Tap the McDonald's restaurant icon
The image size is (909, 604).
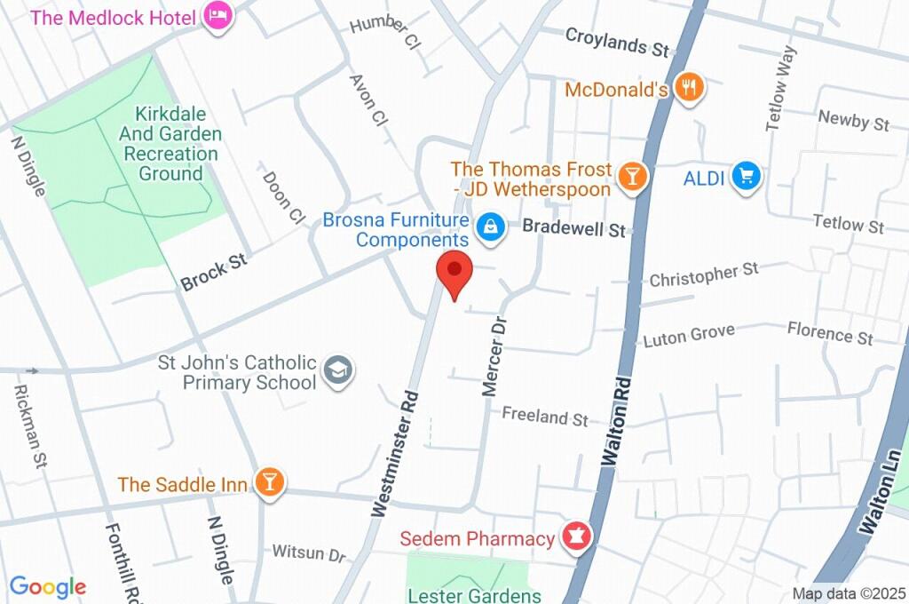tap(689, 87)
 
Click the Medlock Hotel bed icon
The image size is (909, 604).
tap(217, 15)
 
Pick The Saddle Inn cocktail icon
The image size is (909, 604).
tap(268, 482)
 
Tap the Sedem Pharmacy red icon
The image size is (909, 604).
tap(575, 536)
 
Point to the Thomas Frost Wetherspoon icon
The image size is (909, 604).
tap(631, 175)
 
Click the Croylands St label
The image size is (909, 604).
tap(616, 42)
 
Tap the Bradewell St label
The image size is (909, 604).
tap(573, 227)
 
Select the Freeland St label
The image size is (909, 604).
tap(544, 416)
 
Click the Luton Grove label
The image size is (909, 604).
tap(689, 335)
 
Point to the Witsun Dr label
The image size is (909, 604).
tap(308, 553)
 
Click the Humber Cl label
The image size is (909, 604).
tap(384, 31)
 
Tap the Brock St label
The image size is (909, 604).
tap(214, 273)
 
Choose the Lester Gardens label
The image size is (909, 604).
tap(474, 595)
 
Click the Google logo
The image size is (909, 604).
tap(47, 586)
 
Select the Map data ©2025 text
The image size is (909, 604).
tap(848, 593)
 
